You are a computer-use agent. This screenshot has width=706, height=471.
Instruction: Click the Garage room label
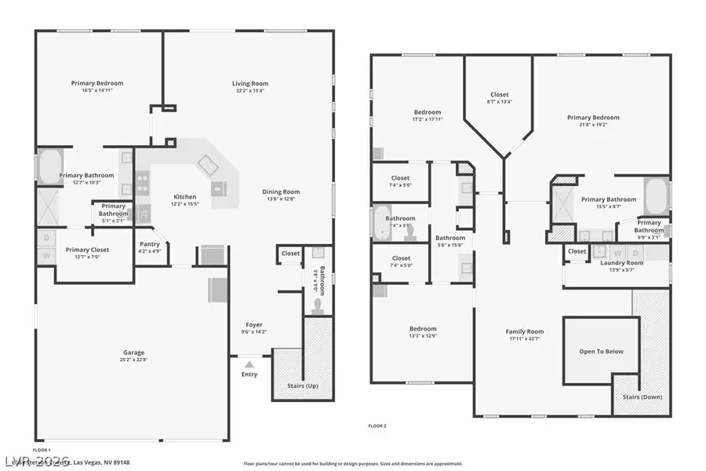pyautogui.click(x=133, y=352)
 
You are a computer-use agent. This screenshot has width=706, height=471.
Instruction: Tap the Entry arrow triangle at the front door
pyautogui.click(x=249, y=364)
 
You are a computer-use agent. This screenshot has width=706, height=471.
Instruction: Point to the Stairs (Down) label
pyautogui.click(x=642, y=396)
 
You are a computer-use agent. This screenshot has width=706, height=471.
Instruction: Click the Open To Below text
pyautogui.click(x=601, y=351)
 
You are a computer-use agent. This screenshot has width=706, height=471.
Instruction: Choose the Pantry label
pyautogui.click(x=149, y=244)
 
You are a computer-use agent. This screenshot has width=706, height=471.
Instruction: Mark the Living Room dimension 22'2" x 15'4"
pyautogui.click(x=250, y=90)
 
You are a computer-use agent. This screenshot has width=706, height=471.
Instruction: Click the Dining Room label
pyautogui.click(x=281, y=192)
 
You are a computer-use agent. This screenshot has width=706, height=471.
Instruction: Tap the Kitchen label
pyautogui.click(x=185, y=197)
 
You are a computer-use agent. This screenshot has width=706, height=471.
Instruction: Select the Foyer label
pyautogui.click(x=253, y=324)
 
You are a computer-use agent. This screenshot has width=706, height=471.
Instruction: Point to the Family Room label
pyautogui.click(x=524, y=331)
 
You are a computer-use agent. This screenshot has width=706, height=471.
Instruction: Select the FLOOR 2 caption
pyautogui.click(x=377, y=425)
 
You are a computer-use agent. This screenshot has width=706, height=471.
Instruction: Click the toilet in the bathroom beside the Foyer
pyautogui.click(x=318, y=305)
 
